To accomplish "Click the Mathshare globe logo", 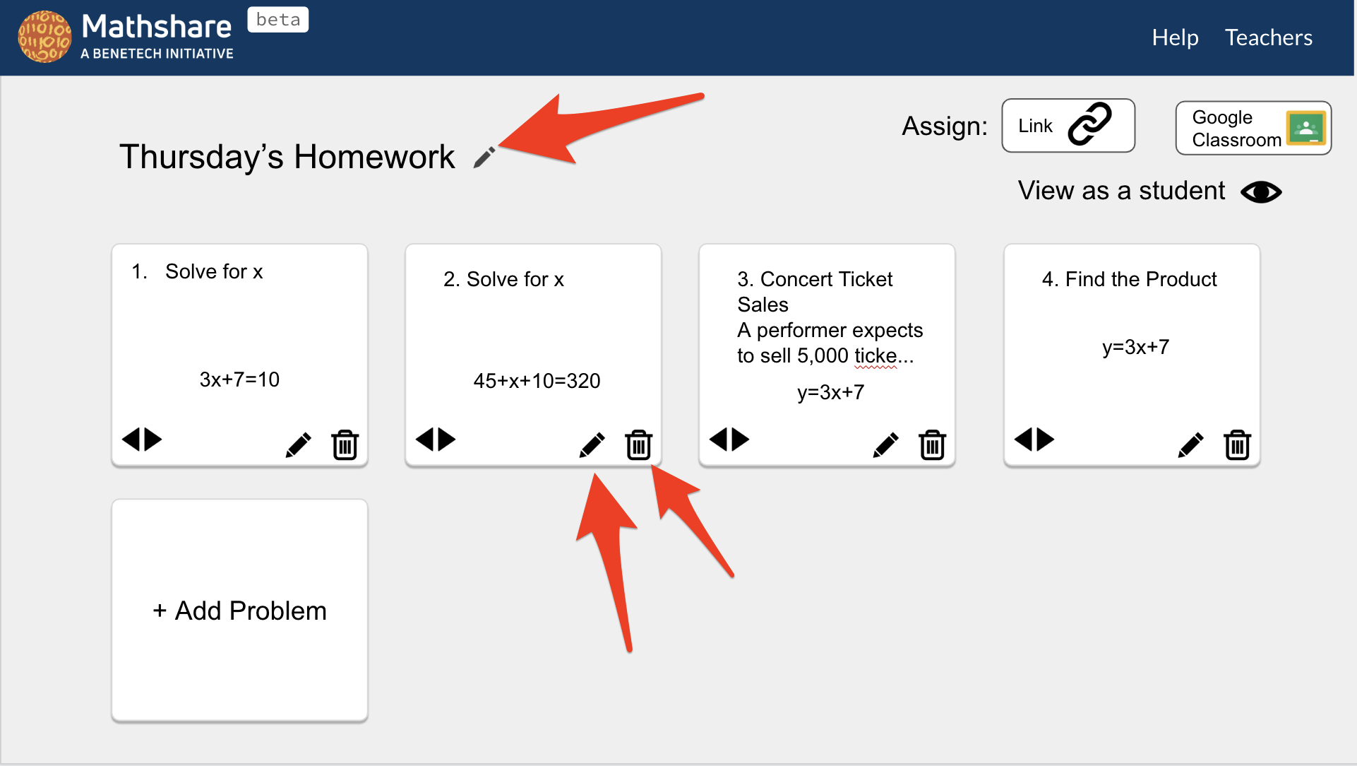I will click(x=44, y=37).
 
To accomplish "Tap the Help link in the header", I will click(x=1175, y=37).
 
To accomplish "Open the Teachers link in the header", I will click(x=1268, y=37).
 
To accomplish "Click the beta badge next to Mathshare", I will click(x=277, y=20).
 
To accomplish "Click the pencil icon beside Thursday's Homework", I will click(x=484, y=157).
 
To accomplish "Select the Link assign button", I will click(x=1068, y=126).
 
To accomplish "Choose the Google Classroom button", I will click(x=1253, y=128).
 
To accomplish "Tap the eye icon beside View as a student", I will click(x=1261, y=191).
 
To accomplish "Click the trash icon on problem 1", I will click(x=345, y=444).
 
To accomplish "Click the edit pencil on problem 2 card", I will click(x=592, y=444).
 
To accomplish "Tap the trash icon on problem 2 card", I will click(x=638, y=444).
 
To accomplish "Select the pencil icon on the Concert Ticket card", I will click(x=885, y=444).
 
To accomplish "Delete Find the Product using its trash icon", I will click(x=1237, y=444).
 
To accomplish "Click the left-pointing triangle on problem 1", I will click(x=131, y=439).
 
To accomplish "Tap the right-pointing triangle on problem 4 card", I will click(x=1046, y=439).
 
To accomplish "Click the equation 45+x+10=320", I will click(x=537, y=381).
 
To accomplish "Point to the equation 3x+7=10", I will click(x=239, y=379).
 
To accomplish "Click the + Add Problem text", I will click(x=239, y=611).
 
